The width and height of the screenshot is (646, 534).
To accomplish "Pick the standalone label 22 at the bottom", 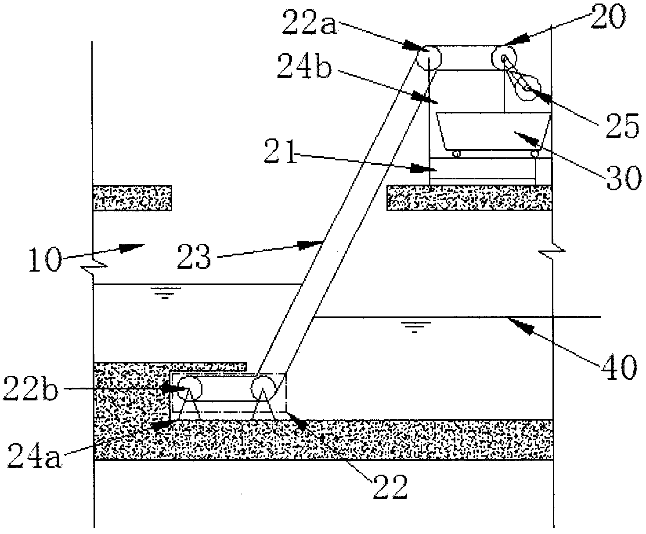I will [390, 485].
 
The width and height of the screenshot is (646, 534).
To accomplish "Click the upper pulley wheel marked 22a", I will [427, 57].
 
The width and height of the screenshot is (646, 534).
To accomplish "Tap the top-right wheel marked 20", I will [503, 57].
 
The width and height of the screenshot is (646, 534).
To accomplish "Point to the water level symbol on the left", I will [165, 293].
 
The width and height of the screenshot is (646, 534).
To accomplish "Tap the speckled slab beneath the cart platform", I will [469, 197].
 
